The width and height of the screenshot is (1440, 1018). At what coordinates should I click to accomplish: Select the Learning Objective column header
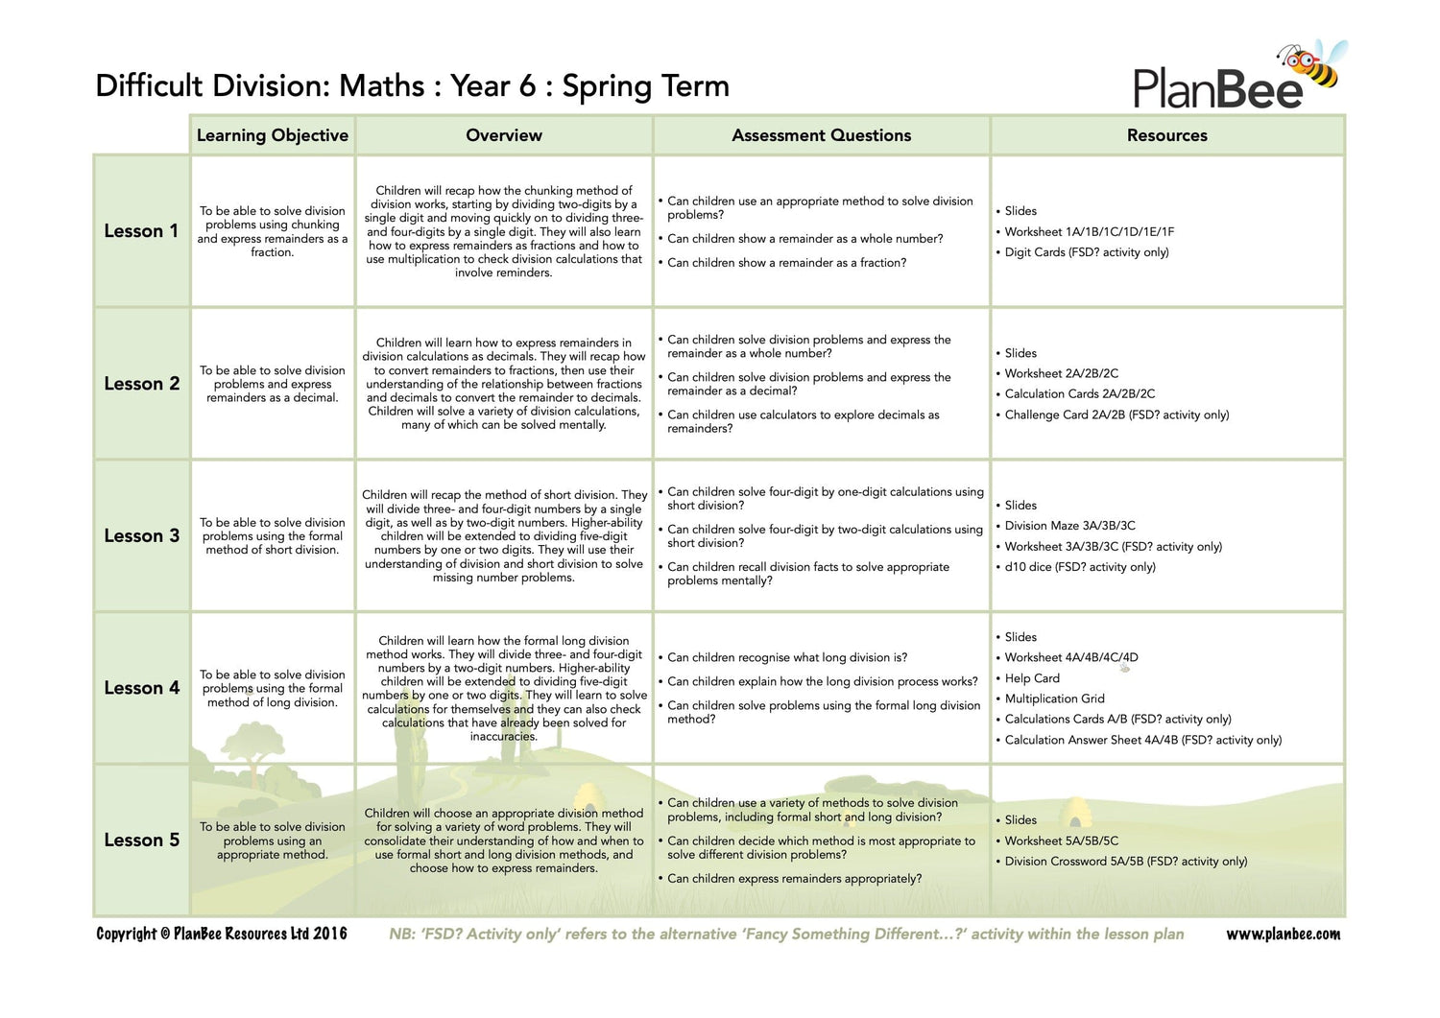tap(273, 135)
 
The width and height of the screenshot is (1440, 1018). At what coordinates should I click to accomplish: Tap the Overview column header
tap(504, 135)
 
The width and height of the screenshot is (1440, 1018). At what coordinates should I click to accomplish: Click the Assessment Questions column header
tap(822, 135)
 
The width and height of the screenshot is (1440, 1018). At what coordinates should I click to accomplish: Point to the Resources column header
tap(1167, 135)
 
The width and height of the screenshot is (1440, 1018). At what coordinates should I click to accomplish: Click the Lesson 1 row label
tap(141, 231)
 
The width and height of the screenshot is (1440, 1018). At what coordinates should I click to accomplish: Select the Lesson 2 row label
tap(141, 384)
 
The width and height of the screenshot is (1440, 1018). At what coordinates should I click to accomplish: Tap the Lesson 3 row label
tap(141, 536)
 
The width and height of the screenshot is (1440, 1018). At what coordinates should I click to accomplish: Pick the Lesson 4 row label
tap(141, 688)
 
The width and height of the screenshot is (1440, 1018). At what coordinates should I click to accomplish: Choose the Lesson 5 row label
tap(141, 840)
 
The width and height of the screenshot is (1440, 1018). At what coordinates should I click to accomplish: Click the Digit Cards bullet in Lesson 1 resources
tap(1086, 252)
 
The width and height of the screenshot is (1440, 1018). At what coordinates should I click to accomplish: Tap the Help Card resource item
tap(1032, 678)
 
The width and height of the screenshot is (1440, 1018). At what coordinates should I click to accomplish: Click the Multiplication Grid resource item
tap(1054, 698)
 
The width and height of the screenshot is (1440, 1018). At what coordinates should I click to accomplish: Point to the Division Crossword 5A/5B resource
tap(1125, 862)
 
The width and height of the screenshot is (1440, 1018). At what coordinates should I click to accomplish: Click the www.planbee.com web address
tap(1283, 935)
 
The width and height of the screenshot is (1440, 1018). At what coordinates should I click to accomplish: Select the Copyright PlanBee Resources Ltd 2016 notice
tap(222, 934)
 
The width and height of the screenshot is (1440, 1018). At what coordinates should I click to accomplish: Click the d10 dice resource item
tap(1079, 567)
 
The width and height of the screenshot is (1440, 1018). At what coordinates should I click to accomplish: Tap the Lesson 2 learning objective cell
tap(273, 384)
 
